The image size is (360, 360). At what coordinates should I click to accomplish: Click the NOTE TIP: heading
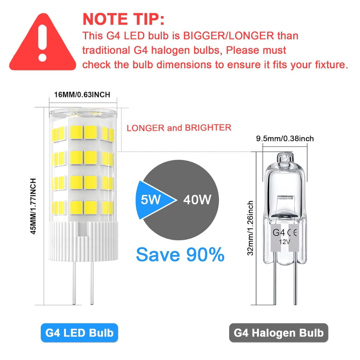pyautogui.click(x=123, y=19)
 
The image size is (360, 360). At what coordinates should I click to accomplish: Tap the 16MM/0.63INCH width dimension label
pyautogui.click(x=82, y=95)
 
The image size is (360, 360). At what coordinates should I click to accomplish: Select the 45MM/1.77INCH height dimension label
pyautogui.click(x=33, y=206)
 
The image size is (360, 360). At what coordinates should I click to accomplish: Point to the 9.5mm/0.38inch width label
pyautogui.click(x=285, y=139)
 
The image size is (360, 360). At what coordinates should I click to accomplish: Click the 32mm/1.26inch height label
pyautogui.click(x=250, y=228)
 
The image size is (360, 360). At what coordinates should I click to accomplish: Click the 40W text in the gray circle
pyautogui.click(x=197, y=199)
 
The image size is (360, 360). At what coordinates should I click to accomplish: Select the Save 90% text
pyautogui.click(x=180, y=255)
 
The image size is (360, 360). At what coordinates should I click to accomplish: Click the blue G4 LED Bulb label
pyautogui.click(x=80, y=333)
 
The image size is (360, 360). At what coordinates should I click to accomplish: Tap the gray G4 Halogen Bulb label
pyautogui.click(x=279, y=333)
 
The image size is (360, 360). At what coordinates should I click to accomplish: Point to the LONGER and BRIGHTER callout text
pyautogui.click(x=179, y=128)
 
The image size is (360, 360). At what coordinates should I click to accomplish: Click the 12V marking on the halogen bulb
pyautogui.click(x=285, y=242)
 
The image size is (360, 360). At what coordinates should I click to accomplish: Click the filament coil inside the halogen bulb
pyautogui.click(x=286, y=197)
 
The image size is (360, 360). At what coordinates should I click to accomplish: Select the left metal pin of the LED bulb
pyautogui.click(x=74, y=283)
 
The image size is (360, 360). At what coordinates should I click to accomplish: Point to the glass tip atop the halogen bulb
pyautogui.click(x=285, y=158)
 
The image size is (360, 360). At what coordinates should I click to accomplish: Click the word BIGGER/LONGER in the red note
pyautogui.click(x=229, y=36)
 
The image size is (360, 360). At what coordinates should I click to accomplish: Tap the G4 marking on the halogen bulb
pyautogui.click(x=279, y=233)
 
